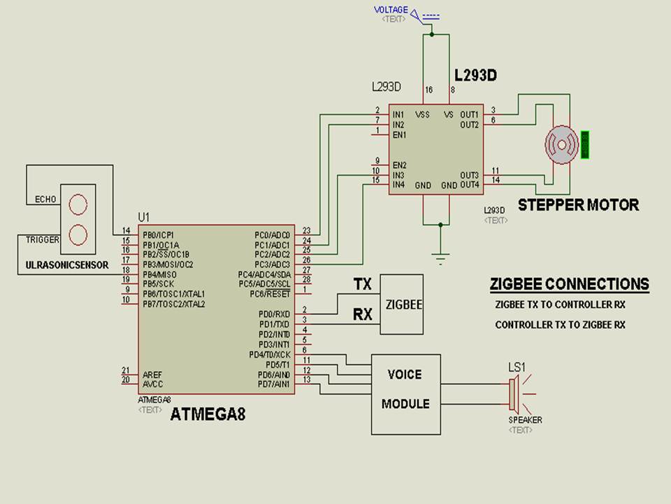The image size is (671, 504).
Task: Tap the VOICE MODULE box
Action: pos(405,393)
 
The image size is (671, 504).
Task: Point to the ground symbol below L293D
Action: pos(440,258)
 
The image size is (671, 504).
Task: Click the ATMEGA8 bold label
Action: pos(208,414)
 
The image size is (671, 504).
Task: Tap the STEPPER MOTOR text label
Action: pos(578,205)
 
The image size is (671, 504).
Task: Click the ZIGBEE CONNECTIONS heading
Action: pos(569,284)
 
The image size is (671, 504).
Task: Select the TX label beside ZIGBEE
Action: pos(363,283)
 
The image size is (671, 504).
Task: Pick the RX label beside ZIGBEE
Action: pos(363,315)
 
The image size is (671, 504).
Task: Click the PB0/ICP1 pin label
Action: pos(159,234)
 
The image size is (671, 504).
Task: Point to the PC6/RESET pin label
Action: pos(274,294)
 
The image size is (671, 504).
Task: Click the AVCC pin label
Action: pos(153,384)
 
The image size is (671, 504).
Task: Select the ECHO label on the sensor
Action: pos(45,200)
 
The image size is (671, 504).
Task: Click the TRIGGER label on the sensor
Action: pos(43,239)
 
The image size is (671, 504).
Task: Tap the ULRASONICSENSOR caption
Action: pos(67,265)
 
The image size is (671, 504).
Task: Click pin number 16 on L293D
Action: pos(428,90)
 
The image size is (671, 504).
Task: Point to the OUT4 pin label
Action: pos(469,185)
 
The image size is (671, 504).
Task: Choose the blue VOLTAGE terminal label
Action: pos(390,10)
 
